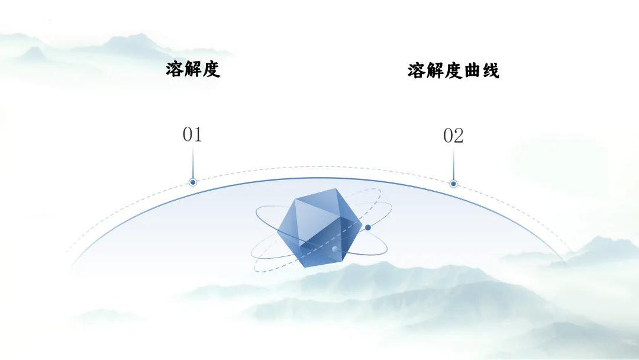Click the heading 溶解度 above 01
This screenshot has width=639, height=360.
[193, 69]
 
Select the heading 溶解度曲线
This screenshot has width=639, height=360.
[453, 71]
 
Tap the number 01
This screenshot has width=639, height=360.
[192, 135]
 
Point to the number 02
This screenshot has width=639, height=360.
[453, 136]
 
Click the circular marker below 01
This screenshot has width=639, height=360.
[192, 182]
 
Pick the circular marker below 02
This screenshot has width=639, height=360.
[453, 184]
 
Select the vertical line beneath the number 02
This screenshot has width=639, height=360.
[453, 163]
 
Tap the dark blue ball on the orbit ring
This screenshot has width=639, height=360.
[368, 227]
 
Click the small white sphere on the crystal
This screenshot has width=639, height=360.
[335, 249]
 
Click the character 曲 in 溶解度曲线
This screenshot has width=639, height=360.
[472, 71]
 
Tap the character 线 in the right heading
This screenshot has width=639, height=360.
[490, 71]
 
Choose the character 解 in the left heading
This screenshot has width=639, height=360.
[193, 69]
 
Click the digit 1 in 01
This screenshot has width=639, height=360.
[198, 135]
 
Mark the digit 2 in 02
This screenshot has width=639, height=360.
[459, 136]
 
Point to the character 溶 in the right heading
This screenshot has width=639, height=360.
[417, 71]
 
